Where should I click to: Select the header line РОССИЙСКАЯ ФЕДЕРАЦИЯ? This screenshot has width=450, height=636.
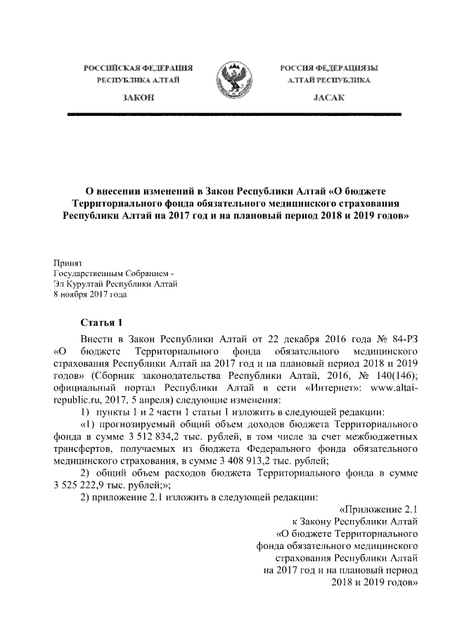(x=139, y=67)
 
